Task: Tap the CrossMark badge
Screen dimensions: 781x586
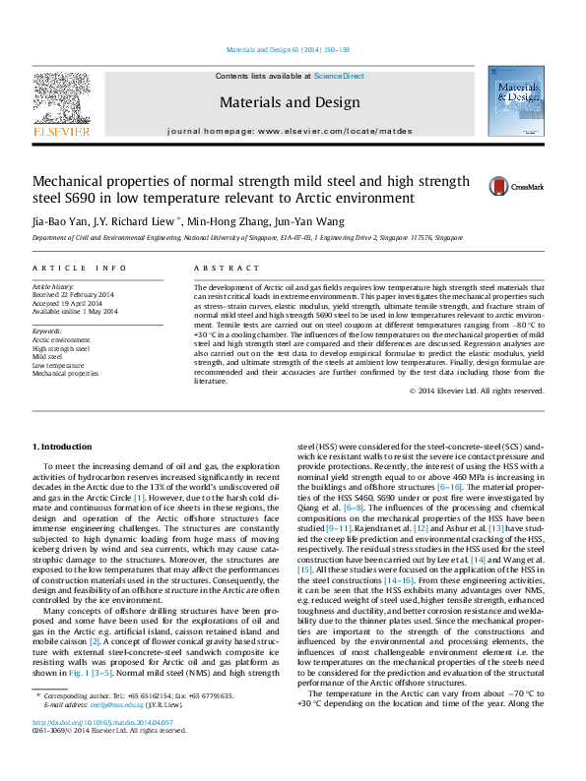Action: click(513, 185)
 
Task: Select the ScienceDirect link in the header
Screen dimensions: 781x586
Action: click(339, 76)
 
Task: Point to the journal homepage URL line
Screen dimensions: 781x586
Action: click(290, 131)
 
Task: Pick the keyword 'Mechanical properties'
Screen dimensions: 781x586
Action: click(65, 374)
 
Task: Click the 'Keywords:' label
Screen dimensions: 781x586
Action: click(47, 331)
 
